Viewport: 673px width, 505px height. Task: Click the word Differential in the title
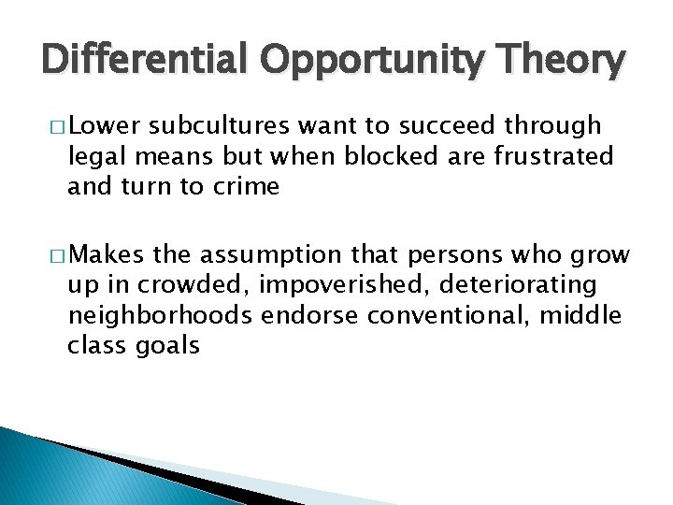click(x=144, y=61)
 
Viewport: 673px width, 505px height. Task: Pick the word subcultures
click(x=216, y=126)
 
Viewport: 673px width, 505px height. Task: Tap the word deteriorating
click(x=526, y=285)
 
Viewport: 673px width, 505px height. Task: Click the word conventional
click(x=451, y=315)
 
